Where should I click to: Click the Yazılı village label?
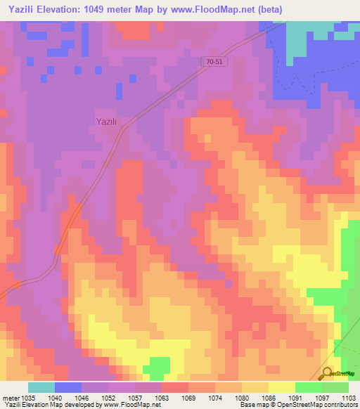(x=105, y=121)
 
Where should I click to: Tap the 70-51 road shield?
(x=217, y=62)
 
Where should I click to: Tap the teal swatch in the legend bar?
(x=41, y=387)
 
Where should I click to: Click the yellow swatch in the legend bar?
(x=282, y=387)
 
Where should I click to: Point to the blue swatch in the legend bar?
(x=68, y=387)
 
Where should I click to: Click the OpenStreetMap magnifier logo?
(x=328, y=373)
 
